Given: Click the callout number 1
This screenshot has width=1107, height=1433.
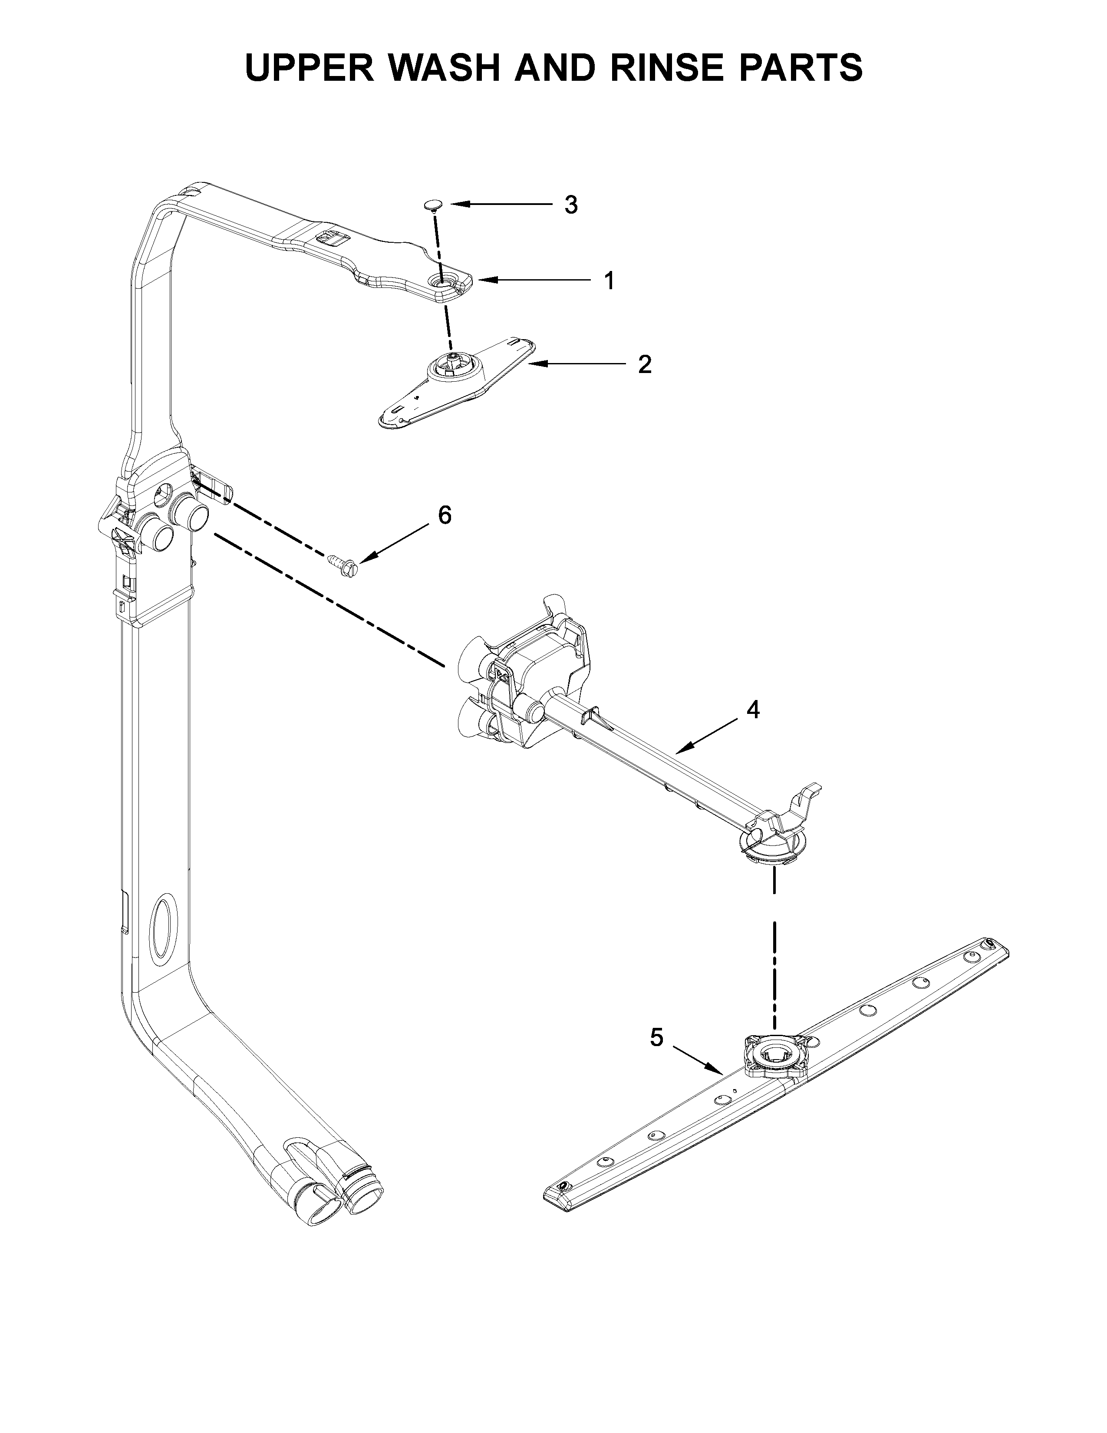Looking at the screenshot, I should tap(609, 281).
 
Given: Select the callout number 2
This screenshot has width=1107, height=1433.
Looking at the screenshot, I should tap(645, 365).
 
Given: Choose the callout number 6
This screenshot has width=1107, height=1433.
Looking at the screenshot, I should tap(445, 516).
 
